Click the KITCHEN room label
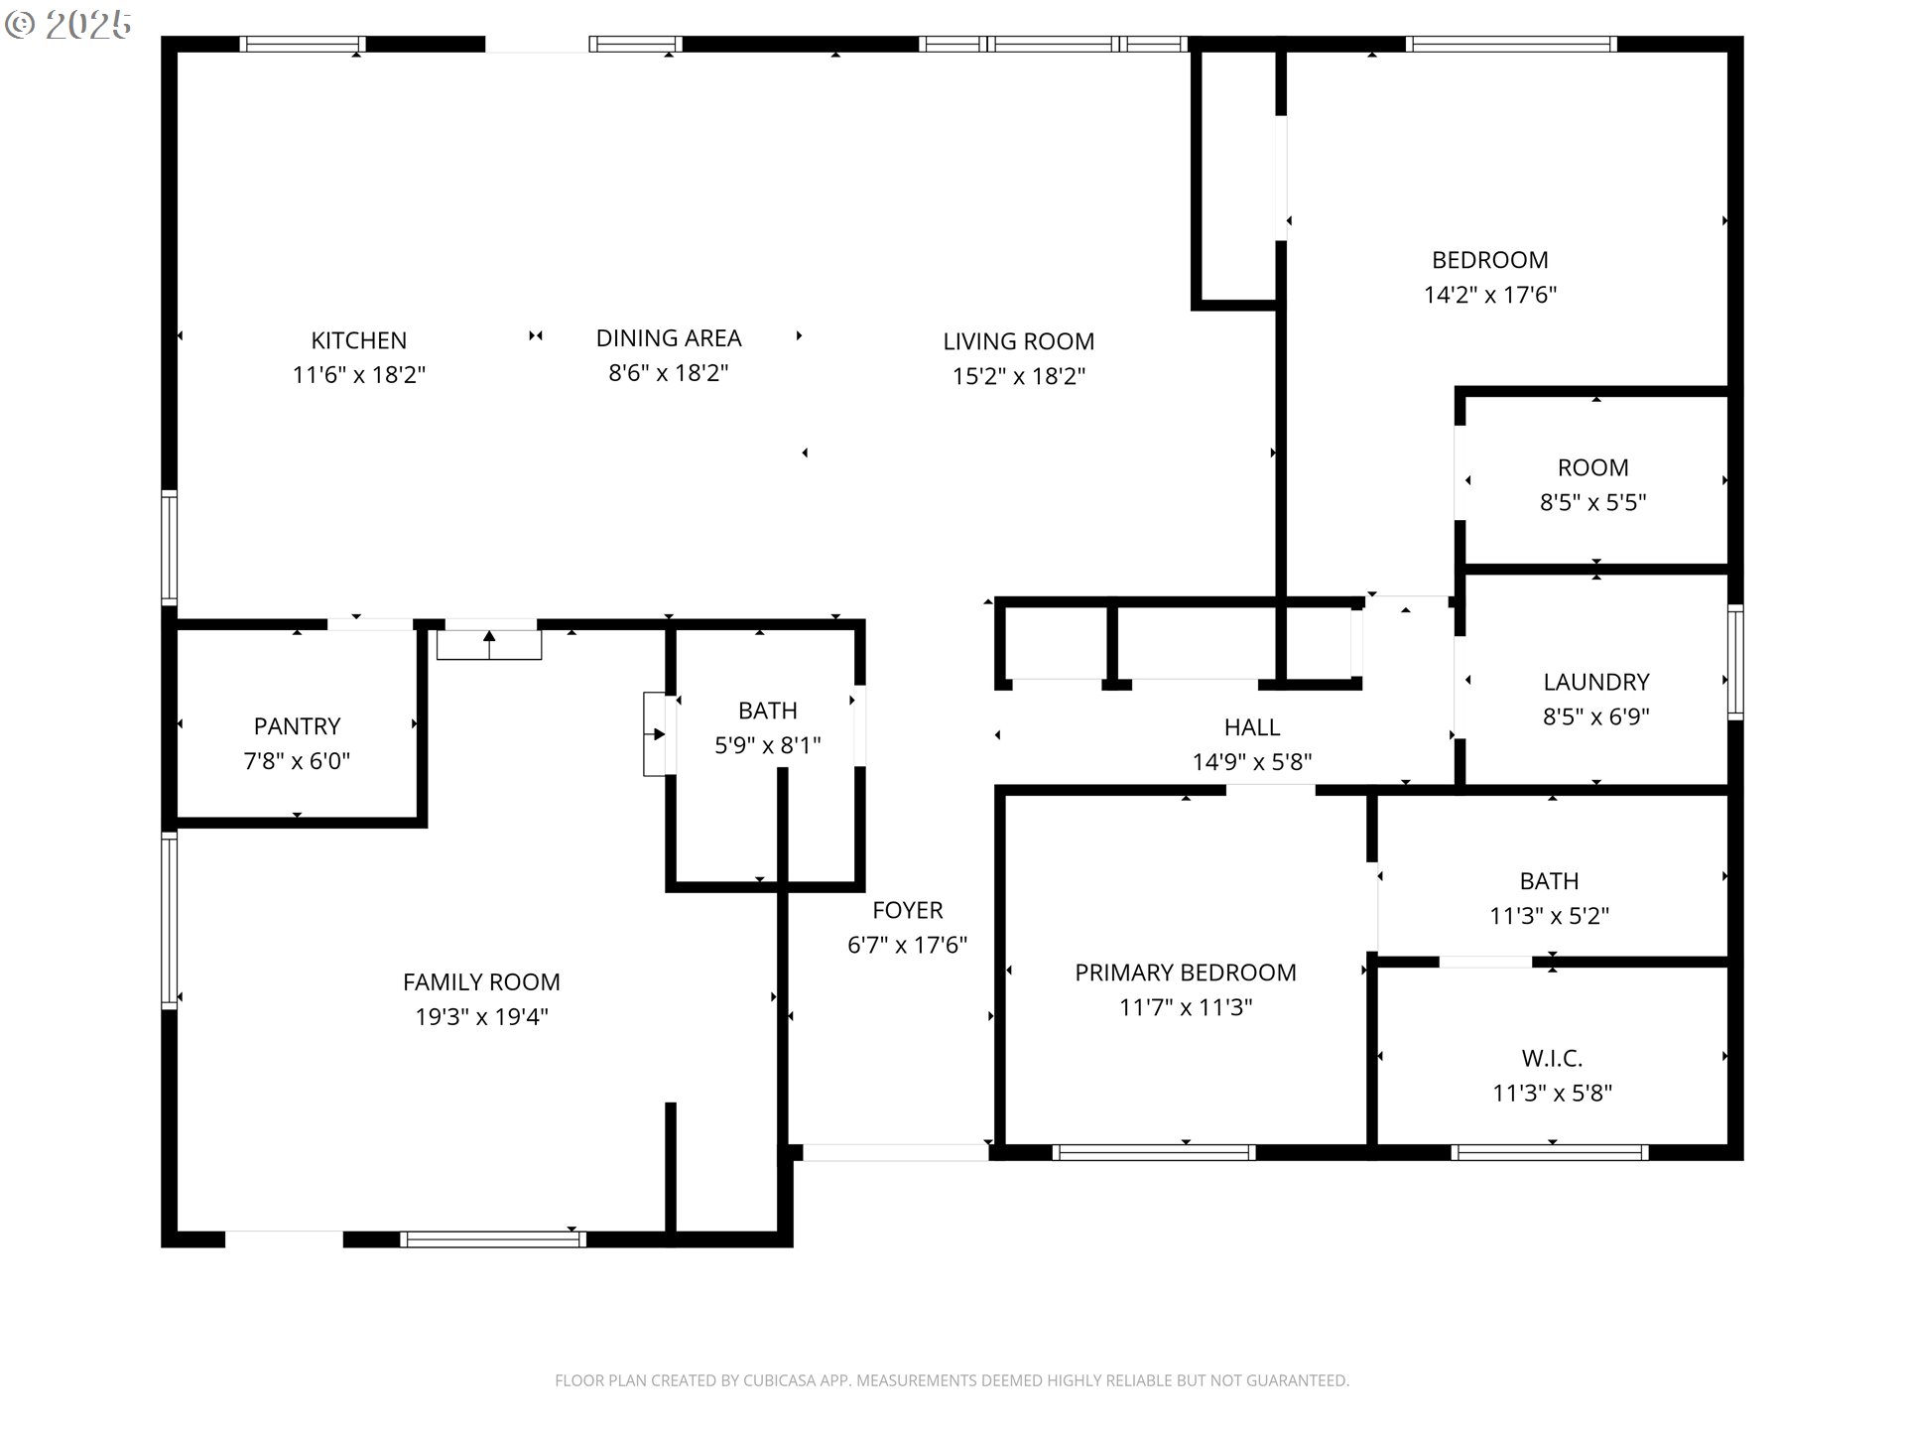pyautogui.click(x=358, y=340)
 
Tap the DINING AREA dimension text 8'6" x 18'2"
pyautogui.click(x=668, y=373)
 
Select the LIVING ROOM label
pyautogui.click(x=1018, y=341)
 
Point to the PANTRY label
pyautogui.click(x=297, y=726)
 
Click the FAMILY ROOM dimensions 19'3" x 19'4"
pyautogui.click(x=481, y=1017)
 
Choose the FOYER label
pyautogui.click(x=907, y=910)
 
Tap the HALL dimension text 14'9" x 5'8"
pyautogui.click(x=1251, y=762)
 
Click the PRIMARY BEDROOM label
pyautogui.click(x=1185, y=973)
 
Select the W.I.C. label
pyautogui.click(x=1551, y=1058)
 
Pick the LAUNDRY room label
pyautogui.click(x=1595, y=682)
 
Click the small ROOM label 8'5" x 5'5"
pyautogui.click(x=1592, y=467)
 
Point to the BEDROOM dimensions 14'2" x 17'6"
pyautogui.click(x=1489, y=295)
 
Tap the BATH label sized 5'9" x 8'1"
pyautogui.click(x=767, y=711)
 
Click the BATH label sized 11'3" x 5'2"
pyautogui.click(x=1549, y=881)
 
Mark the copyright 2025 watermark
pyautogui.click(x=68, y=25)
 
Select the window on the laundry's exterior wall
pyautogui.click(x=1734, y=662)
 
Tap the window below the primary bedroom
pyautogui.click(x=1153, y=1152)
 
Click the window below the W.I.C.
pyautogui.click(x=1549, y=1152)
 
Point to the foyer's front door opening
pyautogui.click(x=894, y=1152)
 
